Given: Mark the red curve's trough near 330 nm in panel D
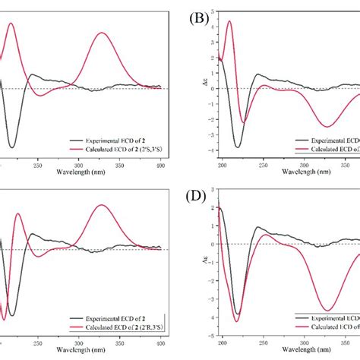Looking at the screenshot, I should tap(327, 310).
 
